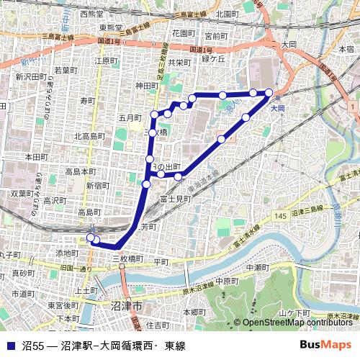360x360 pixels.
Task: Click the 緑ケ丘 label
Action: click(x=213, y=58)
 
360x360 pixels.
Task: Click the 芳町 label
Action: click(x=148, y=226)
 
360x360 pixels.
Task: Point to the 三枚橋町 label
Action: click(x=127, y=258)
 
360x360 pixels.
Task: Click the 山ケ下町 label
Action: click(x=294, y=312)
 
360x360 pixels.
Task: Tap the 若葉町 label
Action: click(x=66, y=70)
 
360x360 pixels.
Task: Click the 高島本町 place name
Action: click(x=80, y=171)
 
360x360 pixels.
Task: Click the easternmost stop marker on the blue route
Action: click(x=269, y=92)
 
